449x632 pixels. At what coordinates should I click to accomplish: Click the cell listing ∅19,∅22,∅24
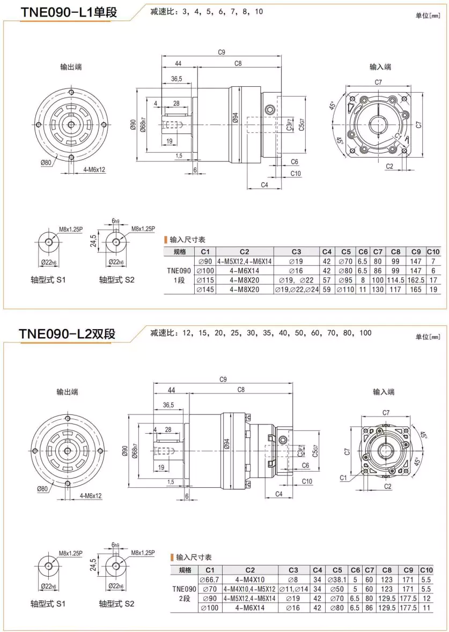click(296, 289)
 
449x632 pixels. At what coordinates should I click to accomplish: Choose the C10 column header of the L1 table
click(433, 251)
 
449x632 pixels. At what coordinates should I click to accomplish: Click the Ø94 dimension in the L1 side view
click(235, 118)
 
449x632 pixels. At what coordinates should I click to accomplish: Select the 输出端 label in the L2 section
click(68, 392)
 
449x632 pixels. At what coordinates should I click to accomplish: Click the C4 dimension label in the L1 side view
click(264, 185)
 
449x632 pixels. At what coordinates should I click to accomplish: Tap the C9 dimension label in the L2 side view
click(222, 379)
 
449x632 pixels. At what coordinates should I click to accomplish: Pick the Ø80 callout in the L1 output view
click(46, 163)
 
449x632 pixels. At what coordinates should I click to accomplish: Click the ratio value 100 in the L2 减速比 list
click(365, 333)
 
